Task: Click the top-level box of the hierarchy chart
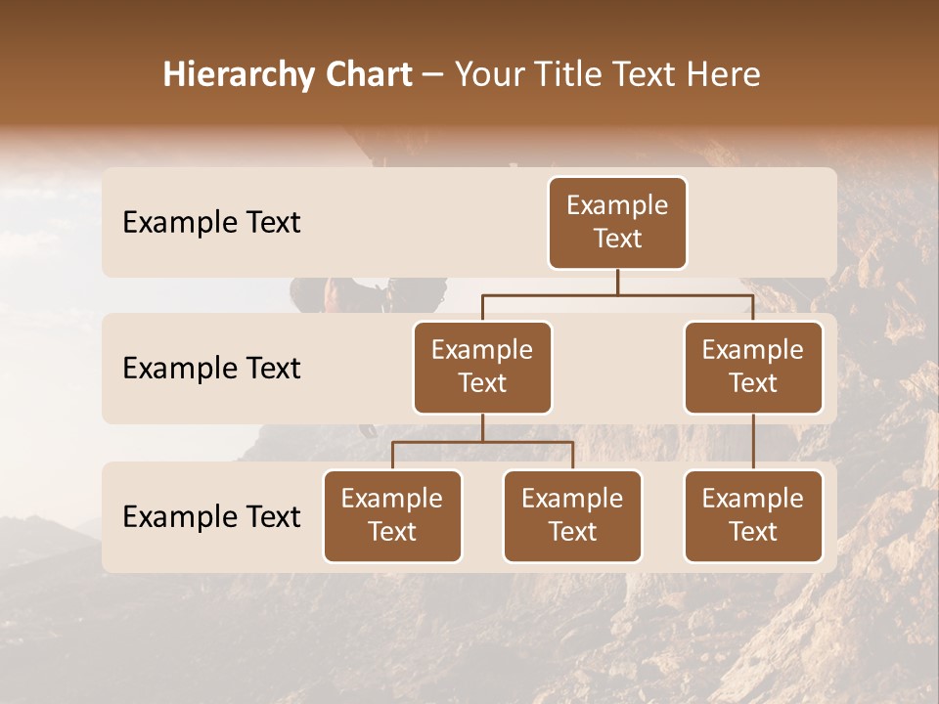[x=617, y=223]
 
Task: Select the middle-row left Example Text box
[x=482, y=367]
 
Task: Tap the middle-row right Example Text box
[x=753, y=367]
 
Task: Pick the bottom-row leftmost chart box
[x=392, y=515]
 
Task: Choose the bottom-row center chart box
[x=572, y=515]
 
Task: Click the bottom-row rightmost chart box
[x=753, y=515]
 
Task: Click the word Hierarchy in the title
[x=239, y=75]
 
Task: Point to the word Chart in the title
[x=367, y=74]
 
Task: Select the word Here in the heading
[x=723, y=74]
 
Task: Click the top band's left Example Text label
[x=211, y=223]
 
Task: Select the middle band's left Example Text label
[x=211, y=369]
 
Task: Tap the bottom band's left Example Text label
[x=211, y=516]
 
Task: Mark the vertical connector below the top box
[x=617, y=282]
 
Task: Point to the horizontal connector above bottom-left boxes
[x=482, y=442]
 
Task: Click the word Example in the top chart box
[x=617, y=205]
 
